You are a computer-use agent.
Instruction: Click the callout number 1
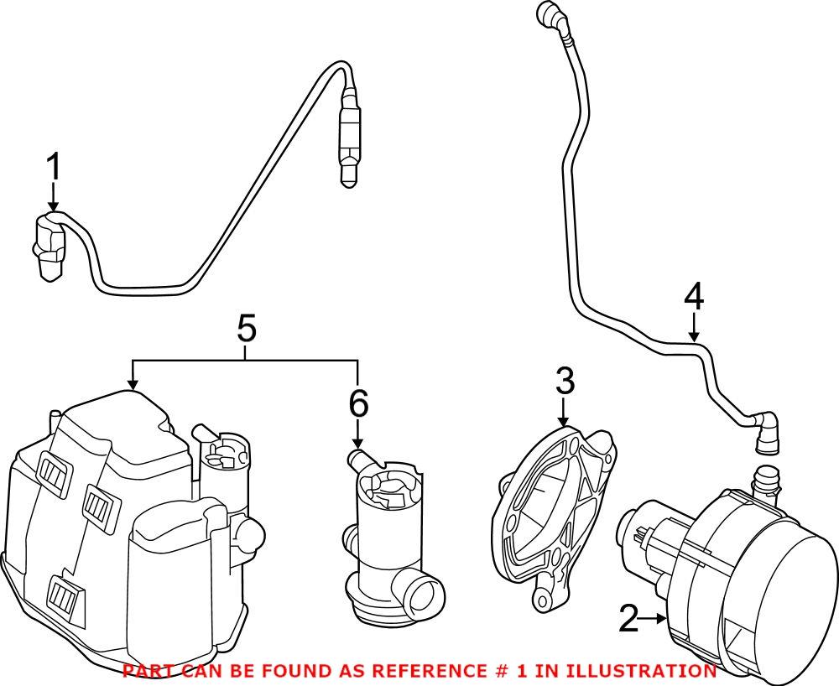[54, 168]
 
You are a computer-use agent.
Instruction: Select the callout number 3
[565, 382]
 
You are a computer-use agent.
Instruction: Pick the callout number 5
[246, 329]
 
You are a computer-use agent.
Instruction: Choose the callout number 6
[358, 405]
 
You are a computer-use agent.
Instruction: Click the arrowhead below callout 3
[564, 425]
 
